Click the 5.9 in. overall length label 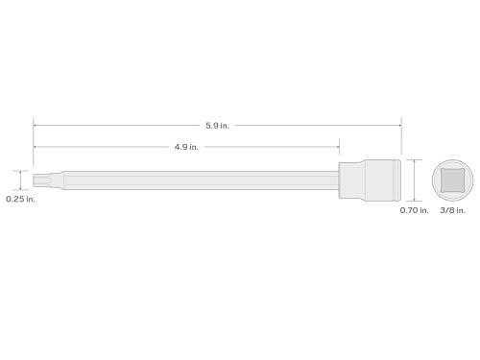point(218,124)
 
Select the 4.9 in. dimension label point(186,147)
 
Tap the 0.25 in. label point(19,200)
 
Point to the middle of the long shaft point(192,180)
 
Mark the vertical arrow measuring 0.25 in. point(18,180)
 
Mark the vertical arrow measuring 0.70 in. point(415,180)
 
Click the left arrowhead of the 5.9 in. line point(36,124)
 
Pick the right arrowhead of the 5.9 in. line point(399,124)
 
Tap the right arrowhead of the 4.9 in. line point(337,147)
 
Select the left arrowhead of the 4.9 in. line point(36,147)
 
